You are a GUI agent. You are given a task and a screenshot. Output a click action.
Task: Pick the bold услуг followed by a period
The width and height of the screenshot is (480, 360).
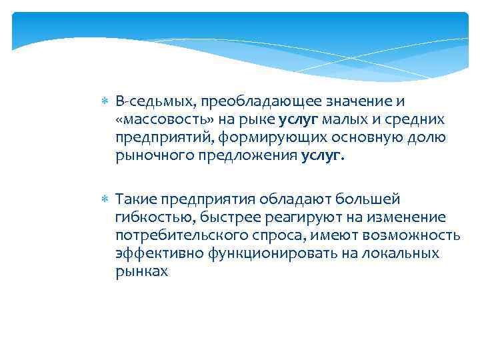(323, 155)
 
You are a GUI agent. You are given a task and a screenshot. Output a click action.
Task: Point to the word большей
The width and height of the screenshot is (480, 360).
(365, 199)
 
